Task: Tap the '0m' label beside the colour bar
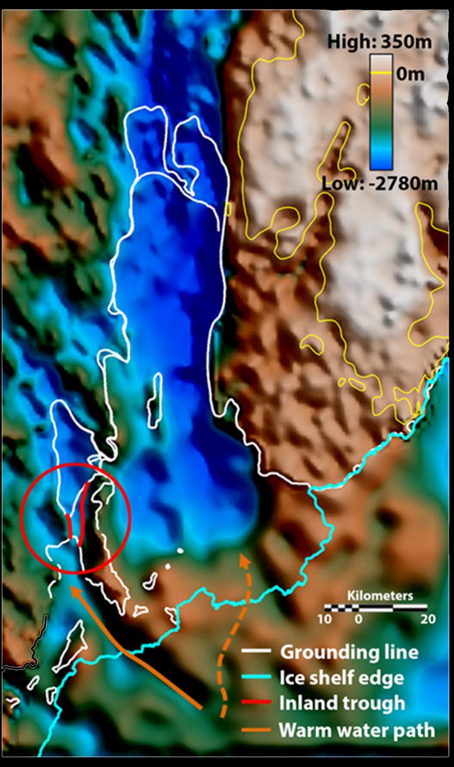410,74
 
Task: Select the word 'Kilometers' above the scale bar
381,595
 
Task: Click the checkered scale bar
376,607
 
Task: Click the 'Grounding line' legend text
349,651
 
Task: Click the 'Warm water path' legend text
357,730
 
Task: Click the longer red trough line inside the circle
83,511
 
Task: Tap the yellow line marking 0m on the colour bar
381,74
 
